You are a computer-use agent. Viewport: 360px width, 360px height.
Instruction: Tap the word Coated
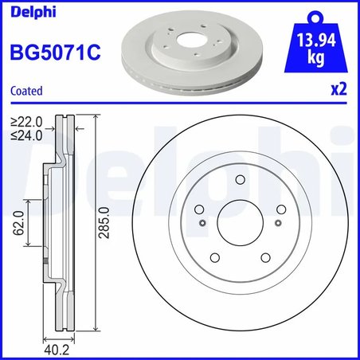click(x=25, y=92)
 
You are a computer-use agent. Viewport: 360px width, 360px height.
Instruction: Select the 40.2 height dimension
click(x=56, y=348)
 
